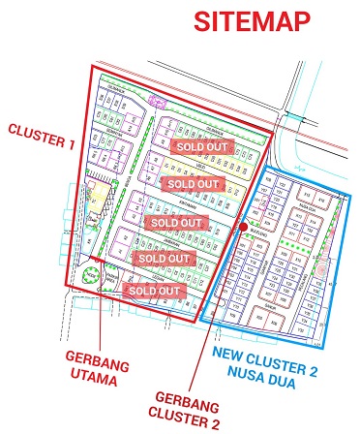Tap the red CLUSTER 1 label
[x=41, y=137]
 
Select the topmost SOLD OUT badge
[x=202, y=144]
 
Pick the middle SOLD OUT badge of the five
[x=176, y=222]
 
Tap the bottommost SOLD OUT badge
[x=156, y=291]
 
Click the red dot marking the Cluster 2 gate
[x=242, y=226]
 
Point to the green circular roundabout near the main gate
[x=92, y=275]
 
